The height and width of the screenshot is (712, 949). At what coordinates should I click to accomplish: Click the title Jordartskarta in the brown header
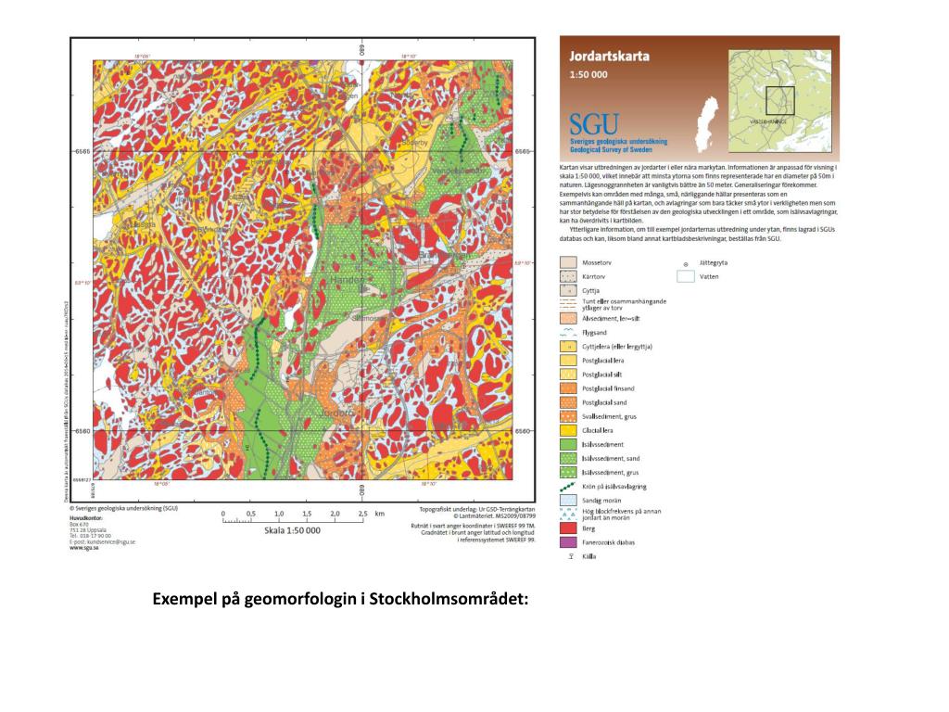click(609, 56)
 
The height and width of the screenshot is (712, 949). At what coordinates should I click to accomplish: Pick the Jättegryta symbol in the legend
click(685, 263)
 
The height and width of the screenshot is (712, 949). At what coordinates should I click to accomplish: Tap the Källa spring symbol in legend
click(568, 556)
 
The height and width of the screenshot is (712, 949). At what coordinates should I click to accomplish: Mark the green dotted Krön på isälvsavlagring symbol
click(569, 486)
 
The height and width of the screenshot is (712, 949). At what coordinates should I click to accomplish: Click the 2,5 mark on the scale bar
click(363, 513)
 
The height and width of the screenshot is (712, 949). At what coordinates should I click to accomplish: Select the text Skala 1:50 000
click(292, 530)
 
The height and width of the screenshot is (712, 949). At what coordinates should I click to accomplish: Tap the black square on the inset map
click(780, 99)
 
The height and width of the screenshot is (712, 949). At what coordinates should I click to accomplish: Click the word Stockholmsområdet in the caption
click(449, 598)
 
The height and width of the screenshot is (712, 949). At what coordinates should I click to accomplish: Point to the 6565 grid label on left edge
click(82, 150)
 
